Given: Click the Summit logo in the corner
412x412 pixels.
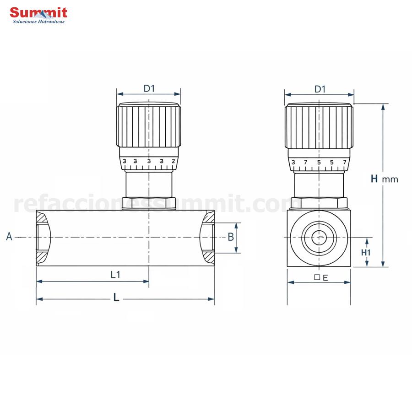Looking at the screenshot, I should tap(38, 13).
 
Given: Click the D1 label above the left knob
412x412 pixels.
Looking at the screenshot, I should tap(149, 88).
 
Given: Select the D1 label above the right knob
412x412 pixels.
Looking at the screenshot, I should tap(320, 89).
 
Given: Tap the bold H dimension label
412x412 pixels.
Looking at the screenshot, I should tap(374, 179).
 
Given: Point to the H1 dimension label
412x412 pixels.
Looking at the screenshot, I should tap(365, 252).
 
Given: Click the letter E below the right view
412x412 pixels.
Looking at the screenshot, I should tap(325, 277).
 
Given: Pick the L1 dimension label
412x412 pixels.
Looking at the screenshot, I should tap(115, 275).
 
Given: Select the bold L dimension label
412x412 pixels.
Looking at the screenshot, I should tap(116, 298).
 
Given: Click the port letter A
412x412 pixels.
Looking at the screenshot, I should tap(9, 237).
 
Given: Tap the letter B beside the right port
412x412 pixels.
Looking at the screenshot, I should tap(231, 237).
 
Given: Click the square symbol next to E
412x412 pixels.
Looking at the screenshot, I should tap(317, 277).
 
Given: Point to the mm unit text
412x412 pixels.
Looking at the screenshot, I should tap(390, 179).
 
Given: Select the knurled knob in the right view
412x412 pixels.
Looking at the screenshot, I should tap(319, 126).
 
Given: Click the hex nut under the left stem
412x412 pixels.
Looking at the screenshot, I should tap(149, 203).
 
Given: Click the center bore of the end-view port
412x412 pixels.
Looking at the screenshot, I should tap(319, 237).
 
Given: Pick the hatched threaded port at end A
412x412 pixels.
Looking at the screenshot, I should tap(43, 237).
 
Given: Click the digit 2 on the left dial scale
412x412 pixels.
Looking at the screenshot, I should tap(173, 161).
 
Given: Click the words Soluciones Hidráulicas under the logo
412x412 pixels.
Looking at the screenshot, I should tap(38, 22).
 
